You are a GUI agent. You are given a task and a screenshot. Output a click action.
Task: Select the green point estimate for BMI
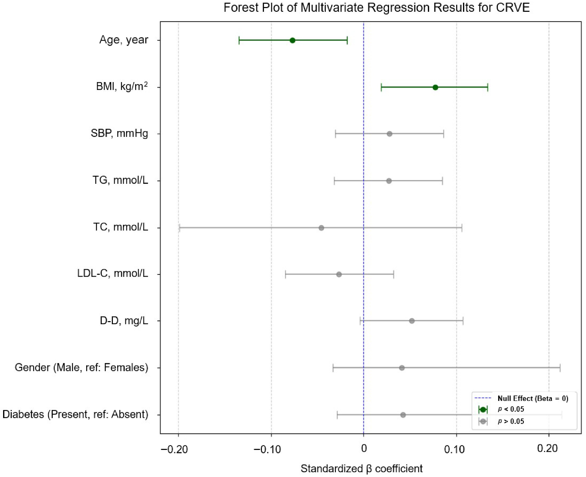435,87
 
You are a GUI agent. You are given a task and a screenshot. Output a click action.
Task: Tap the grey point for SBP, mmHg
389,134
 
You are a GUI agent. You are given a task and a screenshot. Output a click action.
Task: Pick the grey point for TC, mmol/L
321,228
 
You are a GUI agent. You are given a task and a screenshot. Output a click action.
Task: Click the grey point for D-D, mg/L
412,321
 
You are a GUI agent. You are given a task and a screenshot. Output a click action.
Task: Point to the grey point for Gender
402,368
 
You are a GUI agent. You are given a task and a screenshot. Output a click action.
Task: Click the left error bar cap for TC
179,228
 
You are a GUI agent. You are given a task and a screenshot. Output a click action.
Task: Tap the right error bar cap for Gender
560,368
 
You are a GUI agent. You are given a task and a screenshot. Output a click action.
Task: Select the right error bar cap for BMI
488,87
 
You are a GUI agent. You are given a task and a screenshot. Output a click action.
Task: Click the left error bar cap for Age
239,40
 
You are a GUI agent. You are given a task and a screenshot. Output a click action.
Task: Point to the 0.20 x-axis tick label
547,449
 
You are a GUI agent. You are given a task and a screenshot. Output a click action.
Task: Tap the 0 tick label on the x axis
364,449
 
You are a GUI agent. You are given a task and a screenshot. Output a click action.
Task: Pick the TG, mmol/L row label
120,180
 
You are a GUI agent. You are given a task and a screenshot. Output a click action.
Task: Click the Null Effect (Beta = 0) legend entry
533,398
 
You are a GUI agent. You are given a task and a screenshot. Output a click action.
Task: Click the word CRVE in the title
513,7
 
